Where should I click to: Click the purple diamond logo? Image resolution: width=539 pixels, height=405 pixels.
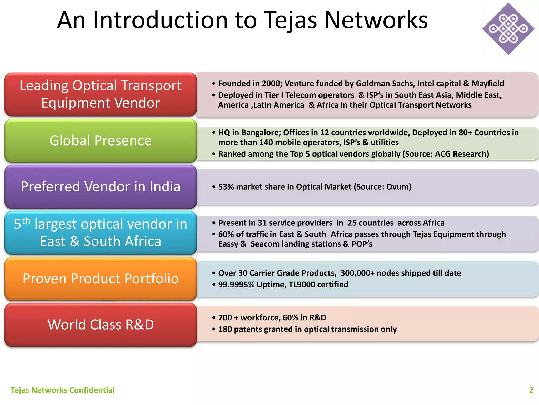pos(508,29)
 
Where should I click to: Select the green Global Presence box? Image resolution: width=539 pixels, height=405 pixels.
pos(101,141)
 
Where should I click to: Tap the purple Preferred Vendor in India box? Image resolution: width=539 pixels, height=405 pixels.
pos(101,187)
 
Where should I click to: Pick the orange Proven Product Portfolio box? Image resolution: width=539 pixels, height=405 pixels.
pos(101,279)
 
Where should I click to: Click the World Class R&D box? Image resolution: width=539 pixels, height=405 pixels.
pos(101,325)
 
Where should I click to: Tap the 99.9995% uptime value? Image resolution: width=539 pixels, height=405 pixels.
pos(236,285)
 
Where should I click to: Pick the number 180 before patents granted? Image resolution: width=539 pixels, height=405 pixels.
pos(225,329)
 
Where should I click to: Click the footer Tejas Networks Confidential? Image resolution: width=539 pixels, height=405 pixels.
pos(63,390)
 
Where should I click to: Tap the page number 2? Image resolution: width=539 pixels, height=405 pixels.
pos(531,390)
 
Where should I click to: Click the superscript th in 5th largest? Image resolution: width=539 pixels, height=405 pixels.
pos(26,220)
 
